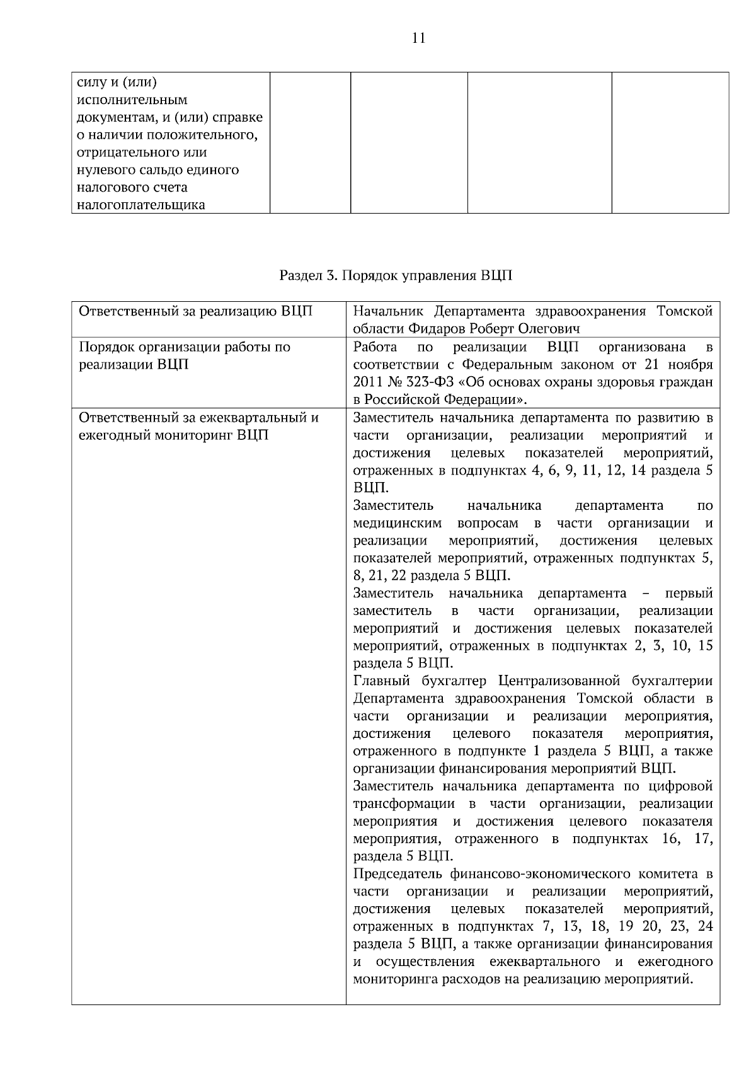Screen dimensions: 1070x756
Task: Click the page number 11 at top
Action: (418, 38)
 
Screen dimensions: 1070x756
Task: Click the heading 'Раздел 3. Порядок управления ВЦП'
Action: (396, 275)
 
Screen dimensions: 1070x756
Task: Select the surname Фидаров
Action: (433, 329)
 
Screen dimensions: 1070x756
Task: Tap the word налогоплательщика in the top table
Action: (140, 205)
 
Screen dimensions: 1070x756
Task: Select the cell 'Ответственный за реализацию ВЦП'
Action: (195, 312)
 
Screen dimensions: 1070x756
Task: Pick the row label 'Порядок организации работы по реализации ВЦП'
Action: (184, 355)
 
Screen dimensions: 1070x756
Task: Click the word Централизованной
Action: (560, 681)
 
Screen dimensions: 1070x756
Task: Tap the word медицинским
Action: (397, 523)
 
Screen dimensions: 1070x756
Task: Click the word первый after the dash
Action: (689, 594)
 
